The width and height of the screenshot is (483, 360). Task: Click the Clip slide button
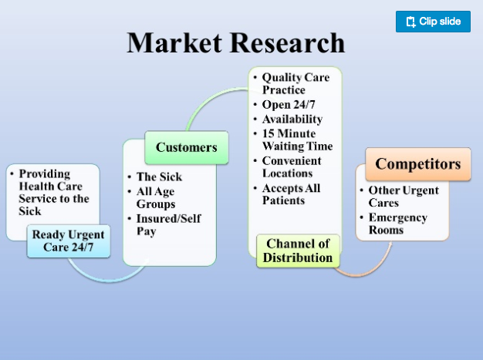tap(433, 22)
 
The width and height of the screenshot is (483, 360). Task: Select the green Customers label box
tap(187, 147)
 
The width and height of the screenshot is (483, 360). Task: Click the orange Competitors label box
tap(417, 164)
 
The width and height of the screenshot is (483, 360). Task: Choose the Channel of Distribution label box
tap(297, 251)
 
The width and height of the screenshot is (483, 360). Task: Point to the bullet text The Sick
tap(159, 177)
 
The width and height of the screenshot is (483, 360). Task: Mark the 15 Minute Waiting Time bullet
tap(297, 140)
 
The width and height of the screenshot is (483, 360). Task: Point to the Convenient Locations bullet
tap(291, 167)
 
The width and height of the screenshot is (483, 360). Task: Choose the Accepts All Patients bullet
tap(291, 194)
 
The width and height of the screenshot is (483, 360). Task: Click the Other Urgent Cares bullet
tap(403, 197)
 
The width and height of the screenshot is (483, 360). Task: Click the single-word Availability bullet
tap(292, 119)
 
